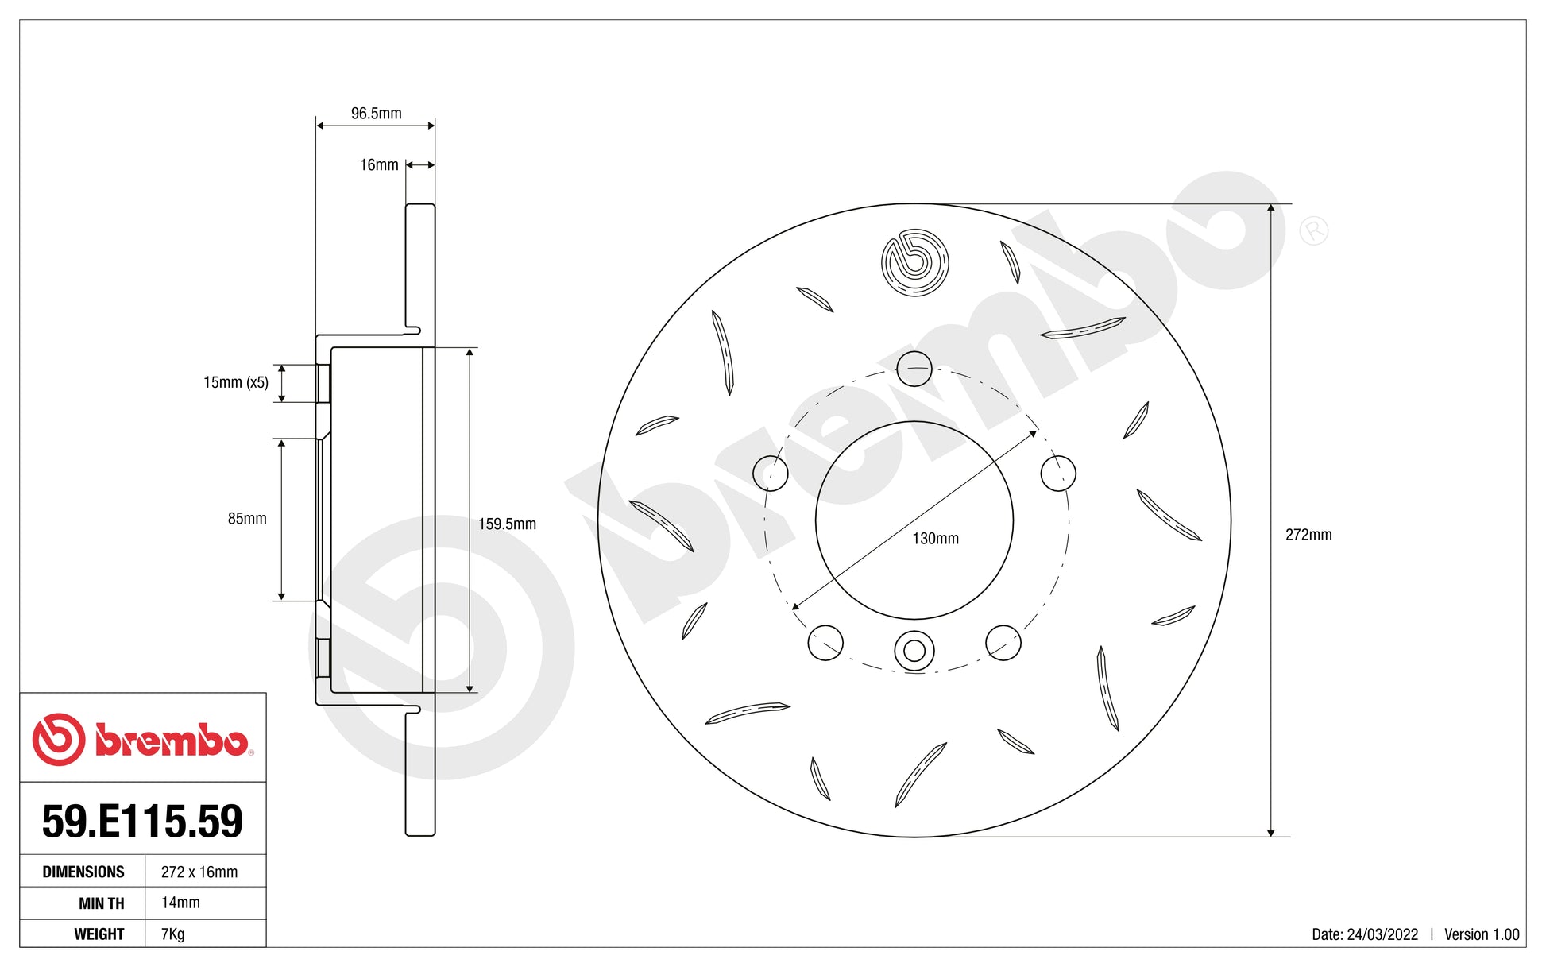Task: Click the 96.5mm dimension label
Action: click(376, 114)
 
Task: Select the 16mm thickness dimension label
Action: click(379, 165)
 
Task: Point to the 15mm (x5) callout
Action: click(235, 382)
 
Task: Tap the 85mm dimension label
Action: click(247, 519)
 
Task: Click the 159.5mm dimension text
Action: click(507, 524)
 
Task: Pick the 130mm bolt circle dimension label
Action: click(935, 539)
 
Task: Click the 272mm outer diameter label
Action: click(1308, 535)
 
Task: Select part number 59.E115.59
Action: click(142, 822)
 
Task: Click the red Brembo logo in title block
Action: click(142, 739)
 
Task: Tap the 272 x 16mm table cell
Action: click(199, 872)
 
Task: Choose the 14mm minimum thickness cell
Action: click(180, 903)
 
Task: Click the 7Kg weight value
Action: click(172, 934)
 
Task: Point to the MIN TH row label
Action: click(101, 903)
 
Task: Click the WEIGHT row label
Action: click(99, 934)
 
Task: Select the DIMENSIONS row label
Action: click(83, 872)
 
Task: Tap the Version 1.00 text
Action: click(1481, 934)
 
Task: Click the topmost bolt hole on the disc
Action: click(914, 369)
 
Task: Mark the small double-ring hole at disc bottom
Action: click(914, 651)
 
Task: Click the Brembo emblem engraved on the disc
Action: click(914, 262)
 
